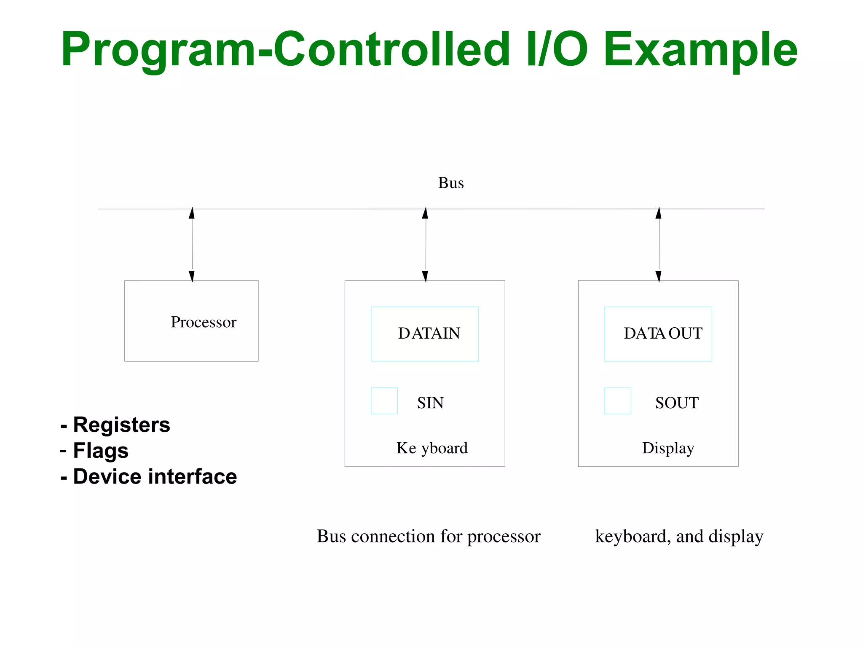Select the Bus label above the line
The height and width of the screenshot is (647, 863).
[450, 183]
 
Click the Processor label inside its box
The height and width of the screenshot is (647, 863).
[204, 322]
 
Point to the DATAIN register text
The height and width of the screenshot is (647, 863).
[429, 333]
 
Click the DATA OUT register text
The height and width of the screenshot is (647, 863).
[663, 333]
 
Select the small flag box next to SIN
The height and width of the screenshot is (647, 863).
[384, 401]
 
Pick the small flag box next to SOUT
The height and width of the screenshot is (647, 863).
[617, 401]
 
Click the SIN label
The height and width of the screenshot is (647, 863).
[430, 403]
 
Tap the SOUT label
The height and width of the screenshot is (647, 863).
[677, 403]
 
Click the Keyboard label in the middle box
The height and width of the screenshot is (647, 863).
[432, 448]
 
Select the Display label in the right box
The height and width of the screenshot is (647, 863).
[668, 448]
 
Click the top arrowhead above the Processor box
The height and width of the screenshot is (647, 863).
[192, 213]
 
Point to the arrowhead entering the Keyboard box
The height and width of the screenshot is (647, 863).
[425, 276]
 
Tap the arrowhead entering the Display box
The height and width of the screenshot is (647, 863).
[659, 276]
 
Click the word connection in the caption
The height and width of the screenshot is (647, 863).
[393, 537]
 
